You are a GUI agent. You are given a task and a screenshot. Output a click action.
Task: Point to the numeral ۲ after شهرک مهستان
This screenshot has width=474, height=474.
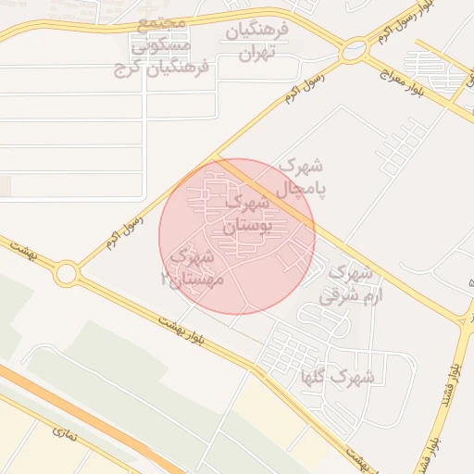click(x=165, y=278)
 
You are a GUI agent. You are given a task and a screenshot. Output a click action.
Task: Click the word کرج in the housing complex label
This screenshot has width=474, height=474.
click(x=126, y=69)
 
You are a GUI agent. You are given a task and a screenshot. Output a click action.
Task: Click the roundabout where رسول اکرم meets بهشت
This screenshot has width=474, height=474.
click(x=66, y=273)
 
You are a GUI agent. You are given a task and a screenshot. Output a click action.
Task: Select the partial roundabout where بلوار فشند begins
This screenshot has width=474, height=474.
click(x=468, y=320)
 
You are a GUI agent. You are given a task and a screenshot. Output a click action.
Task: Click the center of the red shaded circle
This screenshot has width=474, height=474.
click(x=237, y=236)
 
